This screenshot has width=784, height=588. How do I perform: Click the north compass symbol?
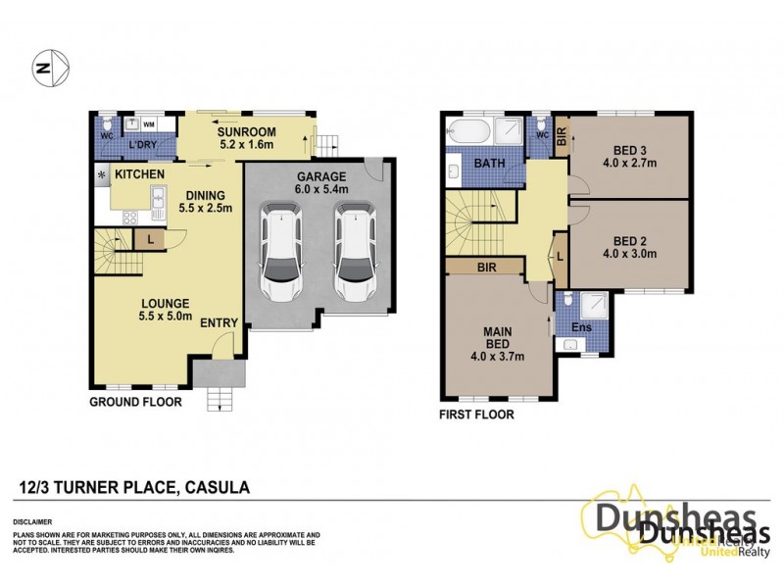[48, 68]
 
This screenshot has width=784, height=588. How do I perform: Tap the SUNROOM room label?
[245, 132]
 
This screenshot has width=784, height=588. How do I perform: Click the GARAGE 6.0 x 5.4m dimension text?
[318, 185]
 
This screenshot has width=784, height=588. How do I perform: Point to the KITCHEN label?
[139, 173]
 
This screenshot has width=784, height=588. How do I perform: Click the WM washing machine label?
[150, 124]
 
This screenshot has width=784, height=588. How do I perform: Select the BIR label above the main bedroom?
[486, 266]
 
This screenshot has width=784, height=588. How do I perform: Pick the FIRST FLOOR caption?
[477, 415]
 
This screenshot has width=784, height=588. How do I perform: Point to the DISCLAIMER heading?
[32, 522]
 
